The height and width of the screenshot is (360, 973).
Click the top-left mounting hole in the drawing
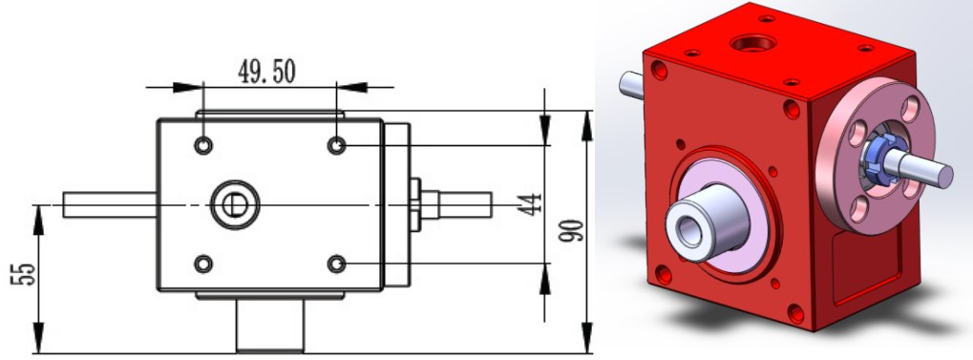[x=203, y=145]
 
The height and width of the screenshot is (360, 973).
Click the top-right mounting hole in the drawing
[x=336, y=145]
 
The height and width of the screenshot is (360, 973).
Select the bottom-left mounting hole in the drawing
[x=203, y=263]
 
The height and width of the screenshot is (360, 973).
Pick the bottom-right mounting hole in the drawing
[x=336, y=263]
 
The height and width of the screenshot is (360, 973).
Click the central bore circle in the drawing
[x=233, y=204]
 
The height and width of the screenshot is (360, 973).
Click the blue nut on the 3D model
[x=880, y=158]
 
